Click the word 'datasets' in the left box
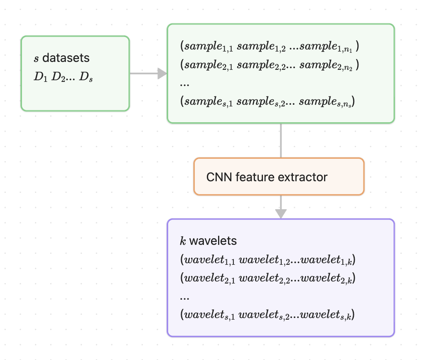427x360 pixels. pyautogui.click(x=66, y=58)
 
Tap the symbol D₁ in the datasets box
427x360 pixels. pyautogui.click(x=41, y=77)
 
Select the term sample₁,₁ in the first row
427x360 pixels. pyautogui.click(x=209, y=46)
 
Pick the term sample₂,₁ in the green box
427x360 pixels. pyautogui.click(x=209, y=65)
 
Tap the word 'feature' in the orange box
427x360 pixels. pyautogui.click(x=258, y=177)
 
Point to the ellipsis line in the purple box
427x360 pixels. pyautogui.click(x=185, y=297)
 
